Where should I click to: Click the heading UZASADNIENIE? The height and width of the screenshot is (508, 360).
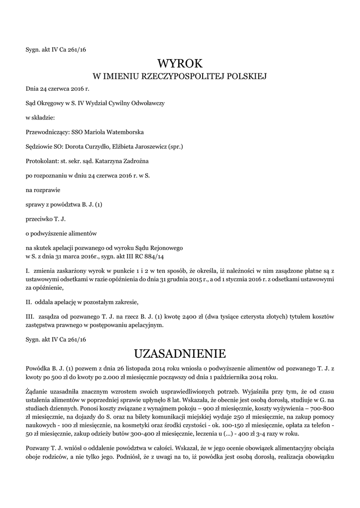click(180, 354)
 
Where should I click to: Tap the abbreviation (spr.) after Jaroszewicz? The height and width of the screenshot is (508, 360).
click(176, 147)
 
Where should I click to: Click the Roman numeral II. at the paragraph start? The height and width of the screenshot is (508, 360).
click(29, 302)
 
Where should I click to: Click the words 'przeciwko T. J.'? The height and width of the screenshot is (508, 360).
click(46, 218)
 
